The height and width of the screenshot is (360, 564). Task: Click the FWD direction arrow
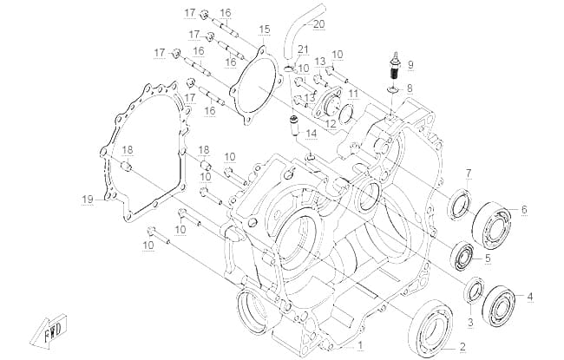pyautogui.click(x=49, y=331)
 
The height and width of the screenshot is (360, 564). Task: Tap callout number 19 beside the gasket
pyautogui.click(x=88, y=199)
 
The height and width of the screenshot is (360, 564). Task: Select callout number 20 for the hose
pyautogui.click(x=318, y=24)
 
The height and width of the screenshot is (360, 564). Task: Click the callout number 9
pyautogui.click(x=410, y=65)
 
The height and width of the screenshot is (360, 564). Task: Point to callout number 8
pyautogui.click(x=410, y=88)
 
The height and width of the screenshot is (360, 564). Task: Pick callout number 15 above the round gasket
pyautogui.click(x=265, y=29)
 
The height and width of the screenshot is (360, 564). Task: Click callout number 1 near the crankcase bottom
pyautogui.click(x=360, y=345)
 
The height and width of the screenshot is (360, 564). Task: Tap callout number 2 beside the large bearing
pyautogui.click(x=462, y=347)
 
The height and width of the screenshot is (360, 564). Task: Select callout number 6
pyautogui.click(x=524, y=209)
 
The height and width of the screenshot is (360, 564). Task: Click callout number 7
pyautogui.click(x=469, y=173)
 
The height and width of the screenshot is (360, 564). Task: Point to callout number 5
pyautogui.click(x=488, y=258)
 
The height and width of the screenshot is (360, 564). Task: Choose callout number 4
pyautogui.click(x=529, y=297)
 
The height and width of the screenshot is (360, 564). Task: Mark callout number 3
pyautogui.click(x=470, y=322)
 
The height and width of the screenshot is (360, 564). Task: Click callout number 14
pyautogui.click(x=312, y=134)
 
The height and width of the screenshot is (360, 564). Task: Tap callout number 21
pyautogui.click(x=303, y=49)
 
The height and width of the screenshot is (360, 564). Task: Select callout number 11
pyautogui.click(x=353, y=95)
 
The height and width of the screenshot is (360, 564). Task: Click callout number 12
pyautogui.click(x=331, y=124)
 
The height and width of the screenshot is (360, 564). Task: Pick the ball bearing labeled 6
pyautogui.click(x=492, y=226)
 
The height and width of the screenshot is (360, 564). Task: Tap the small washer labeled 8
pyautogui.click(x=393, y=88)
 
